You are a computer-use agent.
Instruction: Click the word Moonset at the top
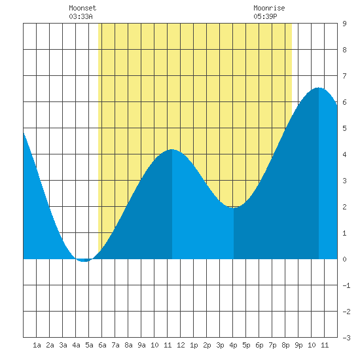tap(82, 8)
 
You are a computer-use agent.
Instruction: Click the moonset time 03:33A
tap(81, 16)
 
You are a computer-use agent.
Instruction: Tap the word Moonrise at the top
tap(269, 8)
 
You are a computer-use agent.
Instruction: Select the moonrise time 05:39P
tap(265, 16)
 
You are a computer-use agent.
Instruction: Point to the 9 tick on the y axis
tap(344, 24)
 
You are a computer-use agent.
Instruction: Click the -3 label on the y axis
tap(346, 338)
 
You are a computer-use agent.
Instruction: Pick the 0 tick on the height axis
tap(344, 259)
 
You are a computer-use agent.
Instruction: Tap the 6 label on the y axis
tap(344, 102)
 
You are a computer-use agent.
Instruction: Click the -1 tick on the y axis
tap(346, 285)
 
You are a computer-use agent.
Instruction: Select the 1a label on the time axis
tap(37, 345)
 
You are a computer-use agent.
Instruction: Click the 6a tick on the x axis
tap(102, 345)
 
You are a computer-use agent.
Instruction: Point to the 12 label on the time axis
tap(181, 345)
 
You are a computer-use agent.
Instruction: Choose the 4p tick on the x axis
tap(233, 345)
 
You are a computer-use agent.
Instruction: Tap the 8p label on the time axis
tap(285, 345)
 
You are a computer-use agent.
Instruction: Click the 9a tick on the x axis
tap(141, 345)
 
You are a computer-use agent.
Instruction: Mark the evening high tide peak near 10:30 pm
tap(319, 88)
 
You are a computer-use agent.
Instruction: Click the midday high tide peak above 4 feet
tap(172, 149)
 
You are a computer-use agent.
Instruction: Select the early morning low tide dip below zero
tap(84, 261)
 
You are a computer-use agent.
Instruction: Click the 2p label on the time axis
tap(207, 345)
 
